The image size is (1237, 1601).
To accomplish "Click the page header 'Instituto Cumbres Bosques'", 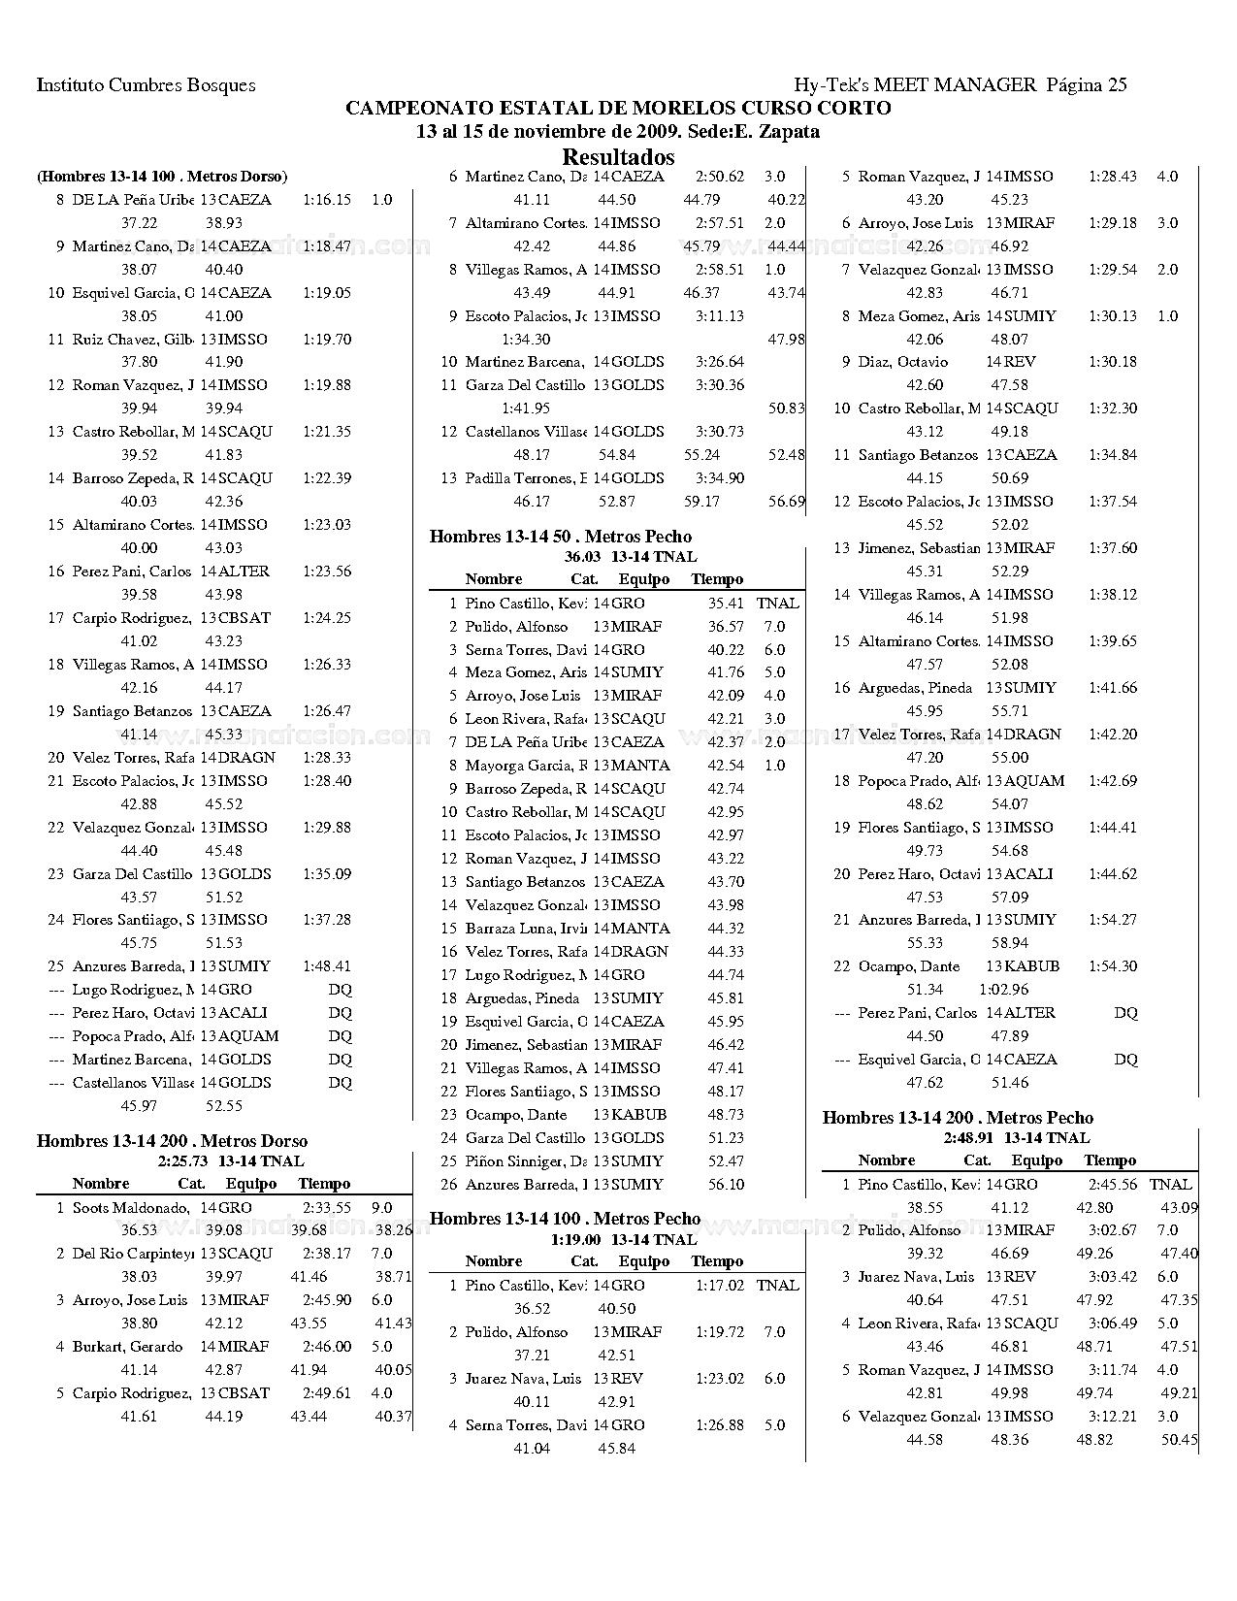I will [x=146, y=85].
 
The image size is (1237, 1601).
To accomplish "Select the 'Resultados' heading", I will [x=618, y=157].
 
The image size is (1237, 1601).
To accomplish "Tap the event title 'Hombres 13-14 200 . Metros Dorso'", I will [x=172, y=1141].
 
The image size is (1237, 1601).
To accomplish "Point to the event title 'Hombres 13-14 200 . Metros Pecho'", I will [x=958, y=1118].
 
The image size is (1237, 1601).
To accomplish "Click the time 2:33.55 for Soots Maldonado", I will [x=326, y=1208].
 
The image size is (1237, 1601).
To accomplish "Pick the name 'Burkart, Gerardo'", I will [x=127, y=1347].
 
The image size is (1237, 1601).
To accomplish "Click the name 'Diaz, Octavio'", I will [x=902, y=362].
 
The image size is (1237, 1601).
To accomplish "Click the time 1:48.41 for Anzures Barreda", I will [x=327, y=966].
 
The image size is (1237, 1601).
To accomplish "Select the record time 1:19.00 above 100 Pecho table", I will [x=575, y=1240].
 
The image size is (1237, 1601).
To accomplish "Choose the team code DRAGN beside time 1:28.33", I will [x=246, y=758].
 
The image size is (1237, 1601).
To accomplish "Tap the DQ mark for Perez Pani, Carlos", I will [x=1125, y=1013].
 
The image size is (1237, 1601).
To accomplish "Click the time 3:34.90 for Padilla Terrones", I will [x=720, y=478].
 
